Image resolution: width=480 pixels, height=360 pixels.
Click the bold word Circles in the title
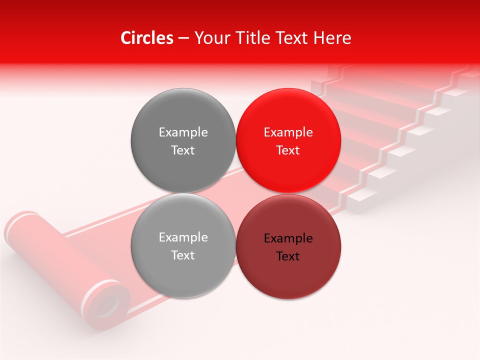coord(147,38)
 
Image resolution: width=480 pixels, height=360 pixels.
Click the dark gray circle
coord(183,140)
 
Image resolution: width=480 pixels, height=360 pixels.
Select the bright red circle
coord(288,140)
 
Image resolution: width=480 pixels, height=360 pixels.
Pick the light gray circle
coord(183,245)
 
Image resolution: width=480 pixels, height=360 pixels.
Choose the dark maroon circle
coord(288,246)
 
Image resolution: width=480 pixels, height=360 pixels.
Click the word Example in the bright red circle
coord(288,132)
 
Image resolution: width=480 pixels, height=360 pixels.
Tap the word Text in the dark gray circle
coord(183,150)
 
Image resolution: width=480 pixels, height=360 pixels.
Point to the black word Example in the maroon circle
coord(288,238)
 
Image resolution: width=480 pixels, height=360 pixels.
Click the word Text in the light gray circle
coord(183,255)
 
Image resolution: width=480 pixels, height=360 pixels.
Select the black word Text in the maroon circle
coord(288,256)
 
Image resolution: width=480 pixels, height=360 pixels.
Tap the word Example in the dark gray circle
coord(183,132)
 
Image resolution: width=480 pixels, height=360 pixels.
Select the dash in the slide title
coord(183,38)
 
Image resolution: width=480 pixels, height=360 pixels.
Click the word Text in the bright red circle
coord(288,150)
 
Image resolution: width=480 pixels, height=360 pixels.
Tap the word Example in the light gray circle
coord(183,237)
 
